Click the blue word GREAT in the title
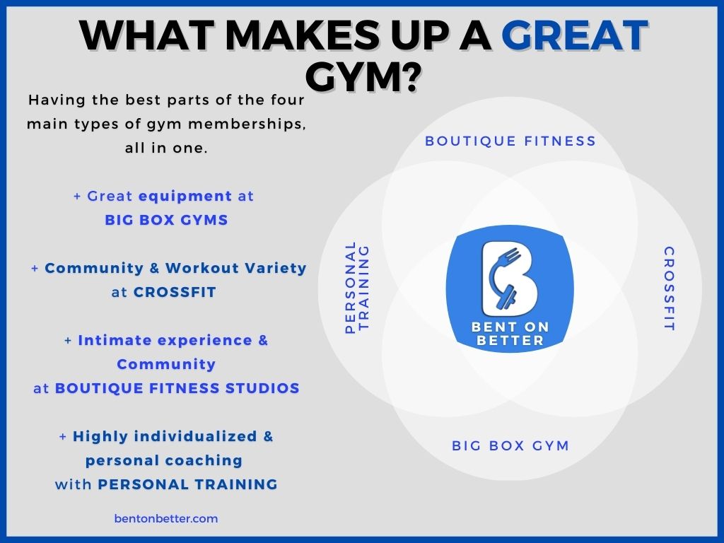[574, 35]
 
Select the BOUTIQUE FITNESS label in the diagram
[510, 141]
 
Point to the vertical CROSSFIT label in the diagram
[669, 288]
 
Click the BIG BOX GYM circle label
[510, 445]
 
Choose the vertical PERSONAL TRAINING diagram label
[357, 287]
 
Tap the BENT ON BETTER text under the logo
[510, 334]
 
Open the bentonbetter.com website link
[166, 518]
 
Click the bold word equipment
[185, 197]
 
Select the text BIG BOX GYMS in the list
[166, 220]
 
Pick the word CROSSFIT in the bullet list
[175, 292]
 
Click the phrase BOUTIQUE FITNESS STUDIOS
[177, 388]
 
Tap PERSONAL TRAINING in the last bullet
[187, 484]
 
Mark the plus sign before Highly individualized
[63, 436]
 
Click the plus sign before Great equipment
[77, 197]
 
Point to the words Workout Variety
[236, 268]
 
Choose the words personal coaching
[164, 460]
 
